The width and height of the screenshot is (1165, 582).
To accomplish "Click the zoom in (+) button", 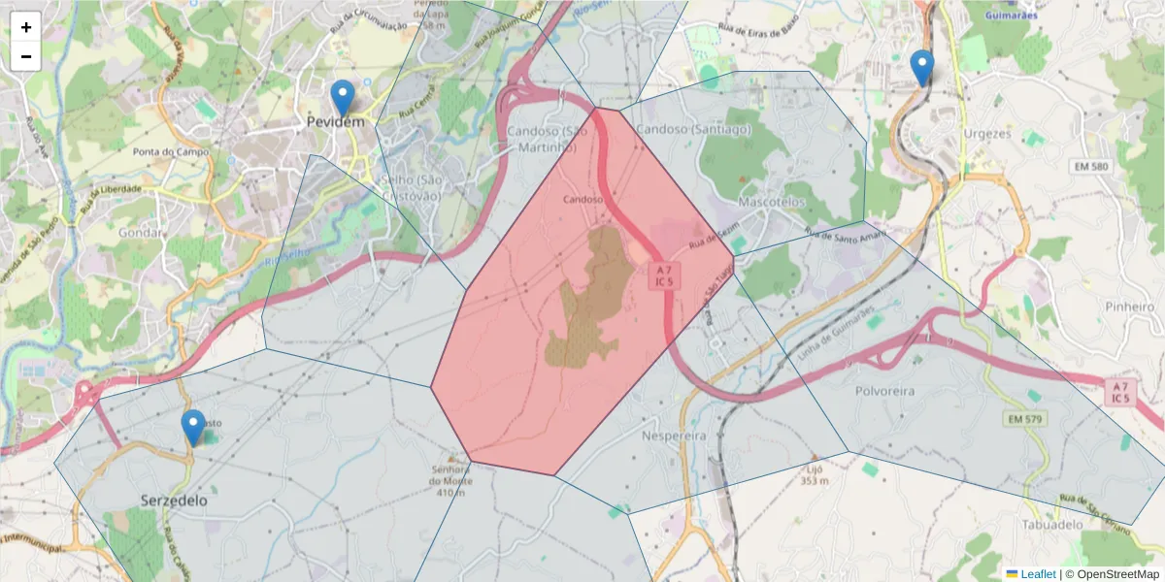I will coord(26,27).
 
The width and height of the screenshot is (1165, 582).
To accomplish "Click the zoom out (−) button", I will coord(26,56).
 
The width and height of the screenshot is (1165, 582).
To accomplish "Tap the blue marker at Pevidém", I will coord(342,98).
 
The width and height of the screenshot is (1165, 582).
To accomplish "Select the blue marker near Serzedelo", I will coord(193,428).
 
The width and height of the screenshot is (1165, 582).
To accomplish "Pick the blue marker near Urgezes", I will coord(921,68).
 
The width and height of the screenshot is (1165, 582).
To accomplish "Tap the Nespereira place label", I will coord(674,436).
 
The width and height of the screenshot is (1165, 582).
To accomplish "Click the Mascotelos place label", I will coord(772,203).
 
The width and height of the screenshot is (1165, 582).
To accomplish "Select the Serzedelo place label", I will coord(174,501).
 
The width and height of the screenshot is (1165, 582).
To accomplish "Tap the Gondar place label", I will coord(138,233).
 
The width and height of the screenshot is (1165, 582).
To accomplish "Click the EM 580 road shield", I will coord(1090,167).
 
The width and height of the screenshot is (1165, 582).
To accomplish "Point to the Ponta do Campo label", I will coord(171,152).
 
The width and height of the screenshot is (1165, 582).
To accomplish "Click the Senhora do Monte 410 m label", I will coord(452,480).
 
